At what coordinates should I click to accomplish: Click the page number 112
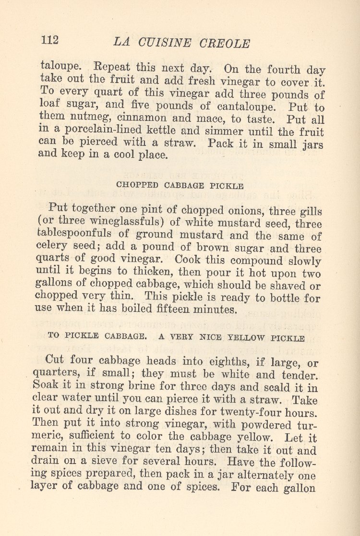click(50, 40)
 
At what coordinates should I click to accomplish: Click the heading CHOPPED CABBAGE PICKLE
click(180, 186)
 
